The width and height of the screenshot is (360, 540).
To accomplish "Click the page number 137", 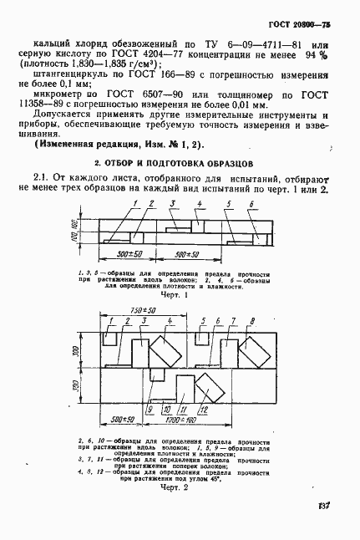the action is tap(327, 505).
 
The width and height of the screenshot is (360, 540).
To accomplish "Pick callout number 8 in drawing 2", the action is tap(251, 320).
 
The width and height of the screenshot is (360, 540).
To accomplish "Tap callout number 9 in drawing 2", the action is tap(149, 410).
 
